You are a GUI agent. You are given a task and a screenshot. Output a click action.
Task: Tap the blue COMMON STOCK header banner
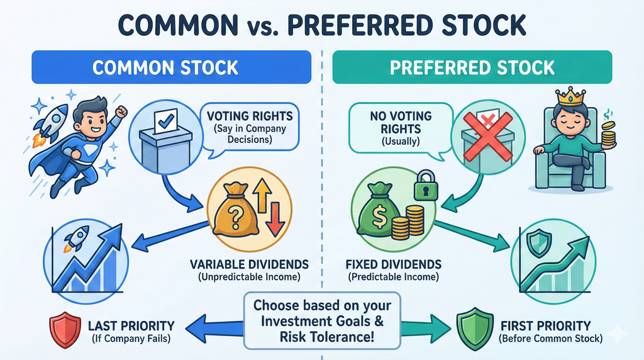point(171,67)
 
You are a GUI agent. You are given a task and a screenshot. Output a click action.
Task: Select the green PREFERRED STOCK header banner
point(472,67)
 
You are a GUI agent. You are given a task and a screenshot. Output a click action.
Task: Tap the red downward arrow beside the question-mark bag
point(274,223)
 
